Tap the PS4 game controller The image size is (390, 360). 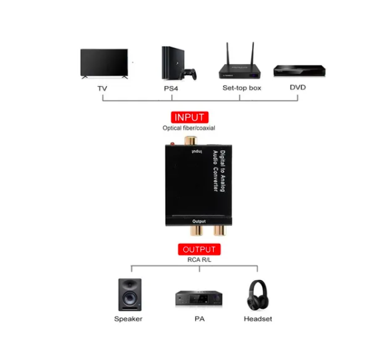(188, 74)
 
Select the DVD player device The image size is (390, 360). (299, 71)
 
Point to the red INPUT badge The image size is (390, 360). (189, 117)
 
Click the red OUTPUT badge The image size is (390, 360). (199, 249)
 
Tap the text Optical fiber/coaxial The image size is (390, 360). (189, 128)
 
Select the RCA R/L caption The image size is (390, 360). (199, 260)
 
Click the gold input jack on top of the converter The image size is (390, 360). (191, 141)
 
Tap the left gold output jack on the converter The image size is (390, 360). (197, 231)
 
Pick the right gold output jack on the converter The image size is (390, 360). (220, 231)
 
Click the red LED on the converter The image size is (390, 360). (172, 143)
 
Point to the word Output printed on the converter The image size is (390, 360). (199, 221)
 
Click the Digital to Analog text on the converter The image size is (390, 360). (223, 171)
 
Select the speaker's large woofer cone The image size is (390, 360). (129, 298)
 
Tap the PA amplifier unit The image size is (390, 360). (199, 298)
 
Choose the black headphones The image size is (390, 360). (258, 295)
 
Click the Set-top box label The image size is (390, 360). (242, 88)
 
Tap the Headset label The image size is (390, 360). (258, 319)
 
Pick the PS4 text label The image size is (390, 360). (171, 88)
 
